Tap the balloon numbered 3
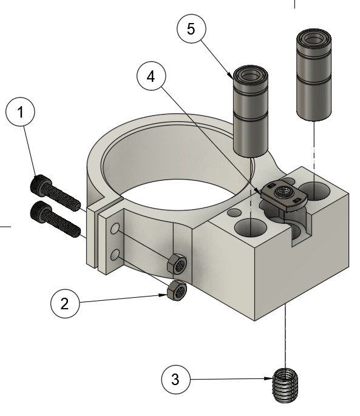point(175,381)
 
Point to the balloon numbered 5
point(192,30)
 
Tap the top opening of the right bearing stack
point(313,39)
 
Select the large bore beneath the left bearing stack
point(250,229)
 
